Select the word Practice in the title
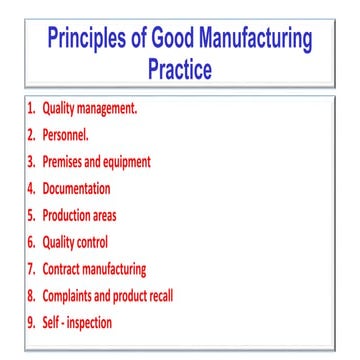click(179, 72)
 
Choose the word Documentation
click(77, 187)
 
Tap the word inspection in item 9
click(88, 322)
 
